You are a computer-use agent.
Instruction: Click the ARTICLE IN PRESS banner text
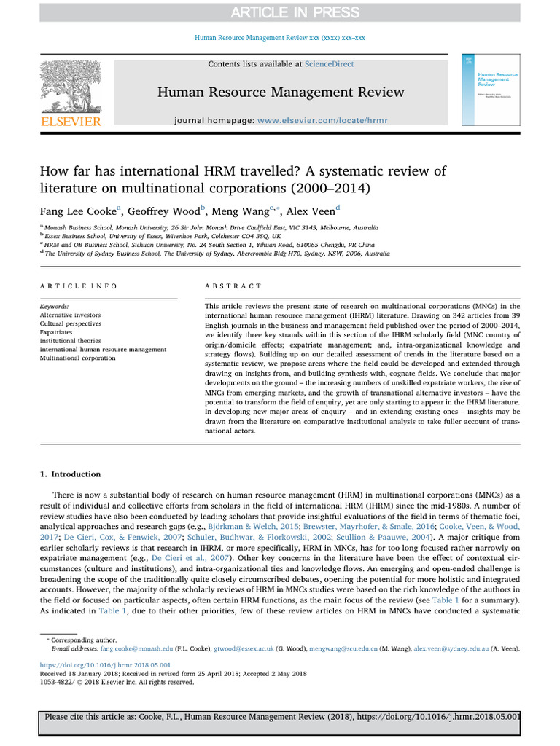[280, 12]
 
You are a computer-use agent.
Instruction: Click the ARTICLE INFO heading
[78, 287]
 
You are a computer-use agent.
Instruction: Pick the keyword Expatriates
[58, 331]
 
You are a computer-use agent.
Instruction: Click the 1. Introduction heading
[71, 475]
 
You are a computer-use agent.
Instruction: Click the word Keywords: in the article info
[55, 307]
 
